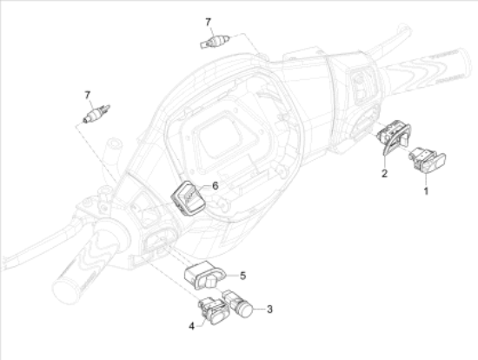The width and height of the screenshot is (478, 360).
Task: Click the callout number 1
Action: (x=426, y=191)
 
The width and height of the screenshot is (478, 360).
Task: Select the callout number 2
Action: (x=384, y=173)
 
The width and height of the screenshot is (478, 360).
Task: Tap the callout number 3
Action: (x=269, y=309)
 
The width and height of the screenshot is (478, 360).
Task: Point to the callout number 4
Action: (x=191, y=326)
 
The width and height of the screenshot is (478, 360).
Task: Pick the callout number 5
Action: (x=242, y=276)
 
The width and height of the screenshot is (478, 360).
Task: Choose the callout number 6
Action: (x=216, y=185)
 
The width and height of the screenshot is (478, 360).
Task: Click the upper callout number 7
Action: (x=209, y=22)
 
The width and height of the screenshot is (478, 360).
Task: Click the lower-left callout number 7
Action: (x=88, y=95)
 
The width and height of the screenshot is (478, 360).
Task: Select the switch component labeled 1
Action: (x=427, y=159)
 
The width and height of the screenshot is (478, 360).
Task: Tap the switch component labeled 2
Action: (x=393, y=136)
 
